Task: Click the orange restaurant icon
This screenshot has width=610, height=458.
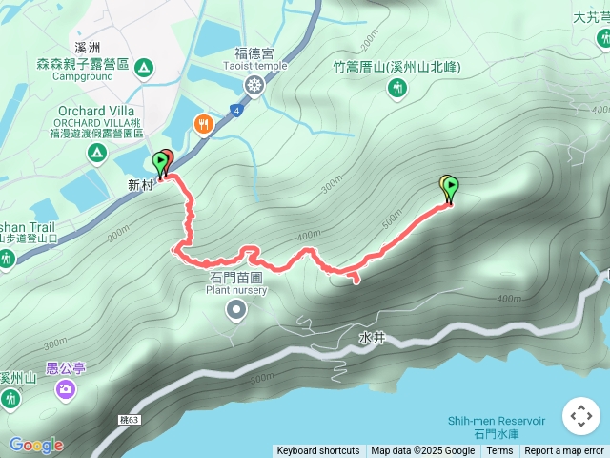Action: [203, 124]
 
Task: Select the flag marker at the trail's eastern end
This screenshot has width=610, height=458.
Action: [450, 187]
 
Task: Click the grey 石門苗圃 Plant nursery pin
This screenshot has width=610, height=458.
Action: [236, 309]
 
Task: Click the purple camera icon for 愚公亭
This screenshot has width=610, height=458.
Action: [65, 387]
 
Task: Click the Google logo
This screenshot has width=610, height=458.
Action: [36, 445]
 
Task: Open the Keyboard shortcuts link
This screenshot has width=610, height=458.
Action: [318, 451]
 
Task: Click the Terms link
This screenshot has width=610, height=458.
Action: [499, 451]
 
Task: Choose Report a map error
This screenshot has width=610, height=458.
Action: [564, 451]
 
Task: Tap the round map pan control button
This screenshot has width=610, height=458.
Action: [580, 416]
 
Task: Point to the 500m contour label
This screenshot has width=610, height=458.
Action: [392, 220]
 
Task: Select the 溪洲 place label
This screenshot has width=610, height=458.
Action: [87, 46]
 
